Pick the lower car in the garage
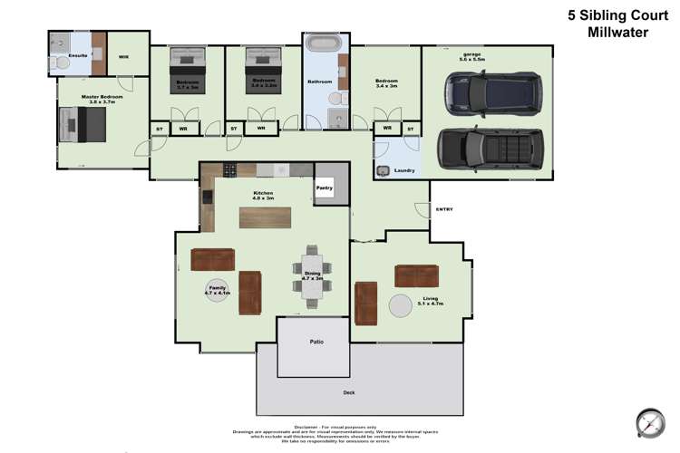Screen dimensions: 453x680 pyautogui.click(x=493, y=148)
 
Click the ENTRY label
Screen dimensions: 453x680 pyautogui.click(x=443, y=209)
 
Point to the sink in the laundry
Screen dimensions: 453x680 pyautogui.click(x=383, y=170)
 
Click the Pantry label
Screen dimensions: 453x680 pyautogui.click(x=325, y=188)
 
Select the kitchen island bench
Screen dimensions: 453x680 pyautogui.click(x=264, y=218)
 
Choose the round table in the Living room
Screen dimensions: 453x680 pyautogui.click(x=401, y=305)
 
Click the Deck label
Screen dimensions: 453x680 pyautogui.click(x=349, y=392)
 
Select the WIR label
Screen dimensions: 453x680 pyautogui.click(x=123, y=56)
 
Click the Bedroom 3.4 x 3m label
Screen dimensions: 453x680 pyautogui.click(x=386, y=84)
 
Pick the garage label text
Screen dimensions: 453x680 pyautogui.click(x=471, y=56)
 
